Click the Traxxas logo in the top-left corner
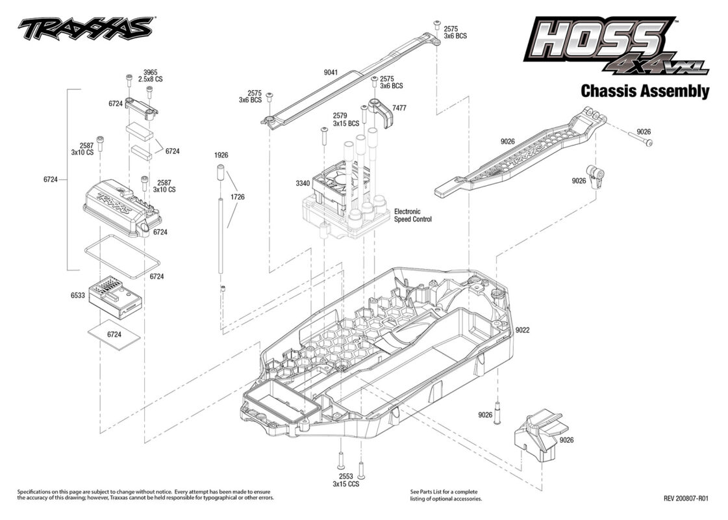click(86, 29)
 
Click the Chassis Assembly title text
click(645, 91)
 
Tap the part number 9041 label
click(331, 73)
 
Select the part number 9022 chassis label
click(522, 330)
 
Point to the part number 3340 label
click(303, 183)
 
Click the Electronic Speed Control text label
click(413, 215)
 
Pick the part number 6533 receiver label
click(77, 295)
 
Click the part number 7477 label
click(399, 108)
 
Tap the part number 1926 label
click(221, 155)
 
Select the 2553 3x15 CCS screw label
click(346, 480)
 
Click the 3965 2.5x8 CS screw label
click(151, 76)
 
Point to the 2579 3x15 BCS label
click(346, 120)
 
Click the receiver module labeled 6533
click(116, 298)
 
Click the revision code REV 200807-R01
click(686, 499)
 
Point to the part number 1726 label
click(237, 197)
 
